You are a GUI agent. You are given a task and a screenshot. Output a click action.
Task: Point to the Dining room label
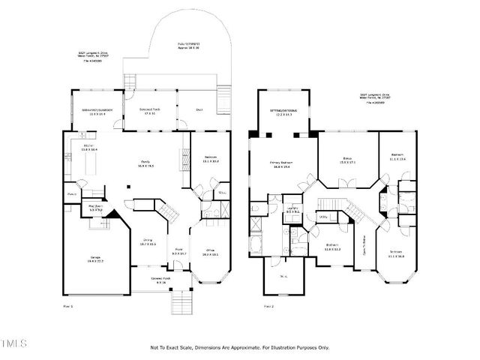[x=147, y=241]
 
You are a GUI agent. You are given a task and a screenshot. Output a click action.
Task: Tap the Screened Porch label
[x=147, y=110]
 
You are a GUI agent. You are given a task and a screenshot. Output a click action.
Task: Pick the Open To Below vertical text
[x=364, y=244]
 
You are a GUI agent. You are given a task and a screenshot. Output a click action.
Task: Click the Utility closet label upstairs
[x=324, y=217]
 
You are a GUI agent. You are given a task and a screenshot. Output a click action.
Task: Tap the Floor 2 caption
[x=269, y=307]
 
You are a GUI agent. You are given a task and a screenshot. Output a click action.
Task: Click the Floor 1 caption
[x=67, y=307]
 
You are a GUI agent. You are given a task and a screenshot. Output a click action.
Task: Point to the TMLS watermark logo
[x=14, y=344]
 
